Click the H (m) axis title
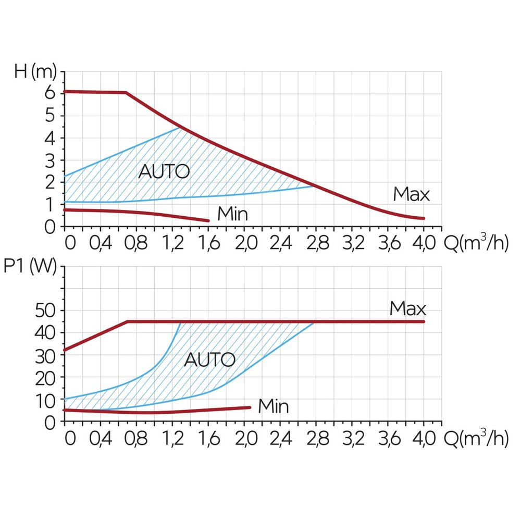[x=35, y=71]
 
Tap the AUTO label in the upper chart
[x=164, y=171]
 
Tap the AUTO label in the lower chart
[x=209, y=359]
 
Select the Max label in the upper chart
[x=411, y=195]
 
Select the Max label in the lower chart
[x=407, y=309]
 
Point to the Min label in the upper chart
[x=232, y=214]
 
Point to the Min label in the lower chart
[x=273, y=406]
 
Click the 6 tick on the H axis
[x=49, y=94]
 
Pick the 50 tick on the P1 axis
[x=45, y=311]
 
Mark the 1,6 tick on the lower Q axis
[x=208, y=439]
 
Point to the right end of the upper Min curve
[x=208, y=221]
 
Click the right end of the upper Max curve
[x=424, y=218]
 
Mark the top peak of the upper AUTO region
[x=179, y=128]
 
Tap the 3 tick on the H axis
[x=49, y=160]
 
